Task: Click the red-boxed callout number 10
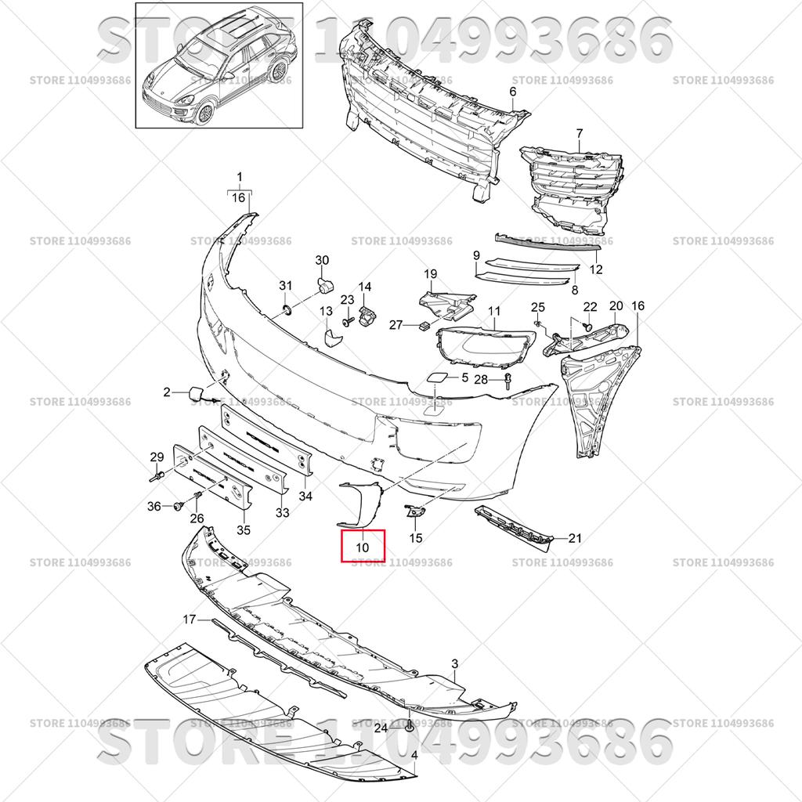tap(362, 547)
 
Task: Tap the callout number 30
tap(322, 260)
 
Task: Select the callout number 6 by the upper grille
tap(512, 92)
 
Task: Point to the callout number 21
tap(576, 538)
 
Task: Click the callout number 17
tap(190, 620)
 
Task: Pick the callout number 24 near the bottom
tap(381, 728)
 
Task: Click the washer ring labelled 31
tap(287, 309)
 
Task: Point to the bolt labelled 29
tap(157, 478)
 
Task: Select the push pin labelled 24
tap(409, 726)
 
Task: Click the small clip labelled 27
tap(423, 326)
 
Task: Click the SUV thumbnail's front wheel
tap(206, 114)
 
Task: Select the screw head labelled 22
tap(588, 327)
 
